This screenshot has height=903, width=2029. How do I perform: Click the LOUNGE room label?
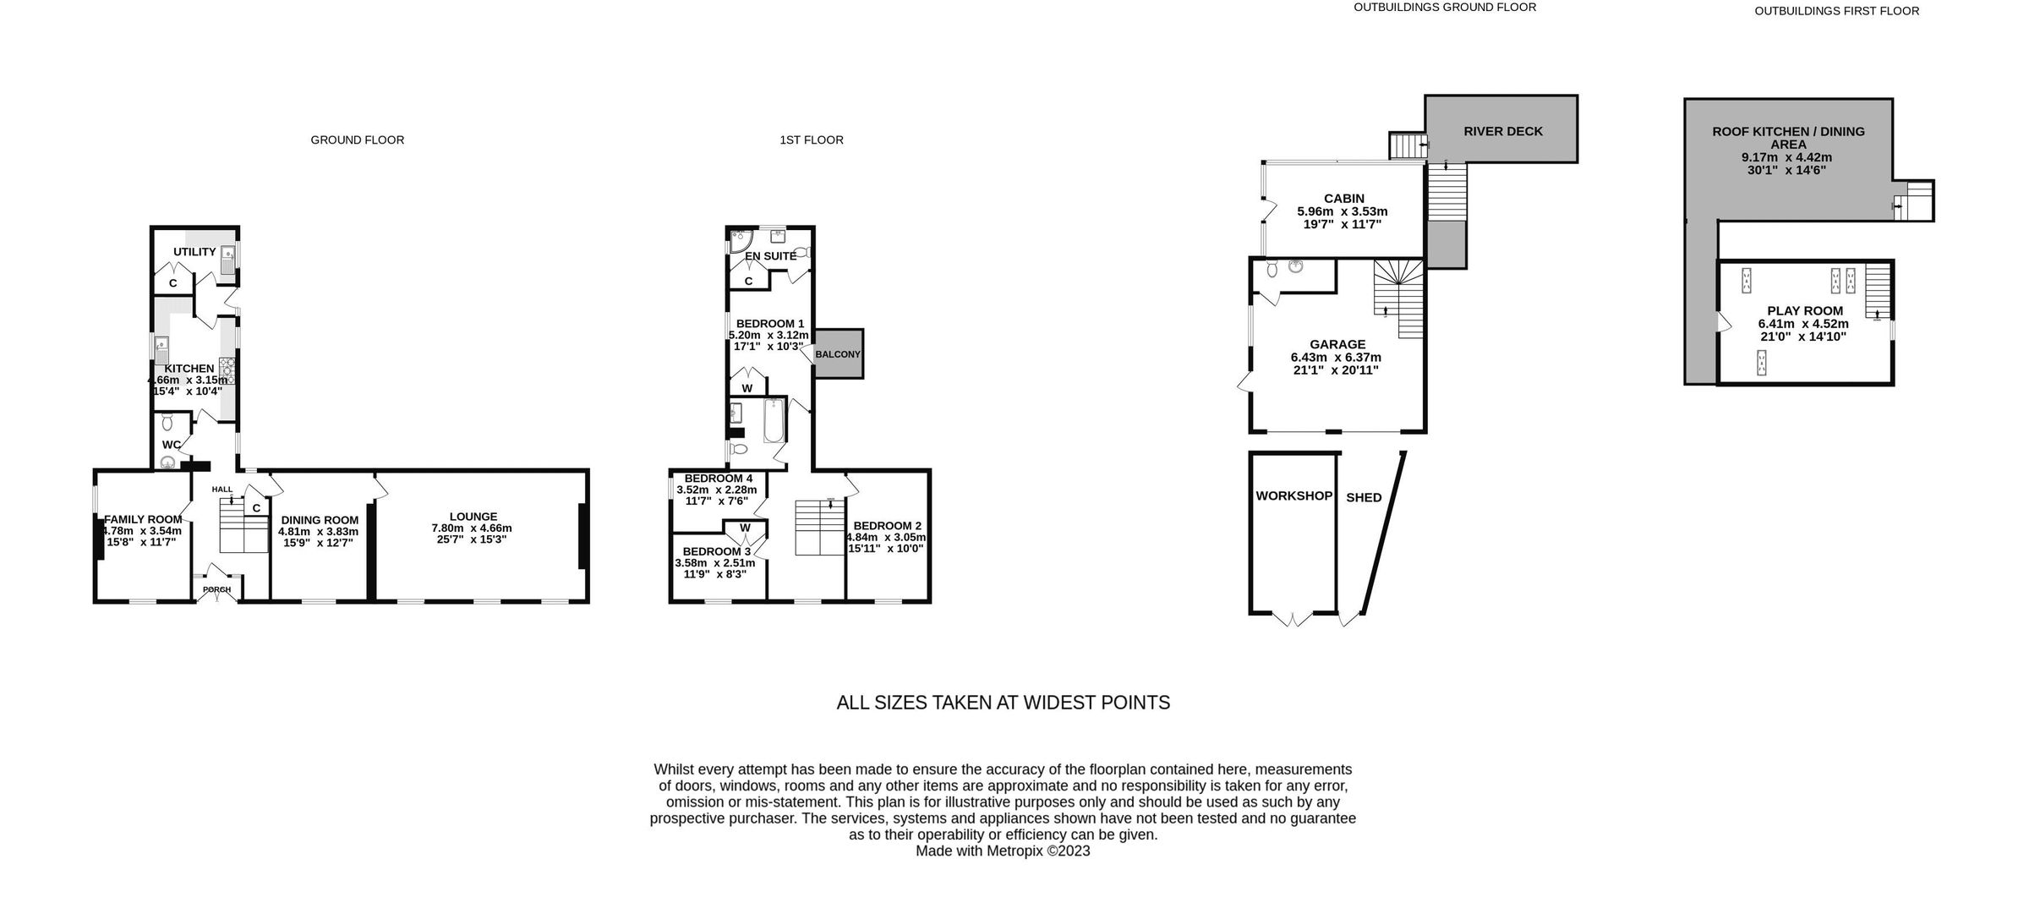point(473,517)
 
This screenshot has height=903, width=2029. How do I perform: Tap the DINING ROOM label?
point(320,520)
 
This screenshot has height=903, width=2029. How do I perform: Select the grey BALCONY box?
point(838,353)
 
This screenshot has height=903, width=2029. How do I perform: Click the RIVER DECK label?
point(1502,131)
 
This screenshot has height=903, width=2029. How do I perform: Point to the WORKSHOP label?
point(1293,496)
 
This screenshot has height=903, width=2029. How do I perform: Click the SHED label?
point(1364,497)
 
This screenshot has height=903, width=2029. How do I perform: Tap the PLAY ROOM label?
point(1804,310)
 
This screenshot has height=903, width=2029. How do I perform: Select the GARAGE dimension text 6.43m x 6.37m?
point(1337,357)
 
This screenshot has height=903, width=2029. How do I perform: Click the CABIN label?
point(1343,199)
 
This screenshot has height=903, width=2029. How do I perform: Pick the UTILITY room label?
point(194,252)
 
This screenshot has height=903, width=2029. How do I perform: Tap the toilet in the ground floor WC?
point(167,422)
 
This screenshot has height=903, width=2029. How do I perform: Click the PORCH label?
point(217,589)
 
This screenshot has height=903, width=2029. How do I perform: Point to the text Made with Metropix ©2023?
point(1003,851)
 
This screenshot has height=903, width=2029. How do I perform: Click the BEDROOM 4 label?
point(718,479)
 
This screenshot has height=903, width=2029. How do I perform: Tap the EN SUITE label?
point(769,255)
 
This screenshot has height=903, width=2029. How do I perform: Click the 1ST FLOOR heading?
point(811,140)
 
